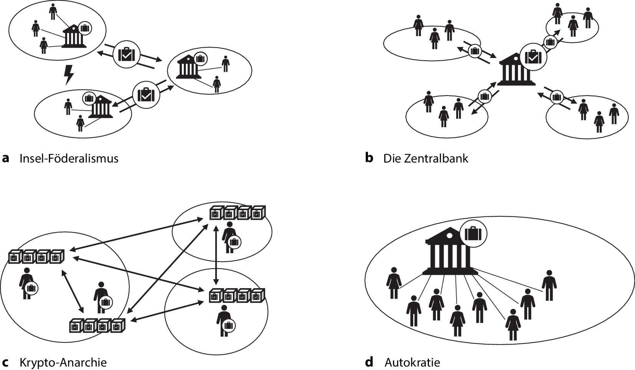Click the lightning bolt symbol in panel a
coord(69,75)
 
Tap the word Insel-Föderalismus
coord(69,159)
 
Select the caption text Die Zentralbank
coord(426,159)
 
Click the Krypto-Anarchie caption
coord(63,362)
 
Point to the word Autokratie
coord(412,362)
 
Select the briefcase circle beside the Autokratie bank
coord(473,233)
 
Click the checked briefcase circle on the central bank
coord(533,56)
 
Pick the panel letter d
coord(369,362)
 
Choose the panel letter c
coord(5,362)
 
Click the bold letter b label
coord(369,158)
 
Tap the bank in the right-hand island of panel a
coord(188,67)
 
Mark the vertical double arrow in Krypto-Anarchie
coord(216,255)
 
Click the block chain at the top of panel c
coord(238,213)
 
